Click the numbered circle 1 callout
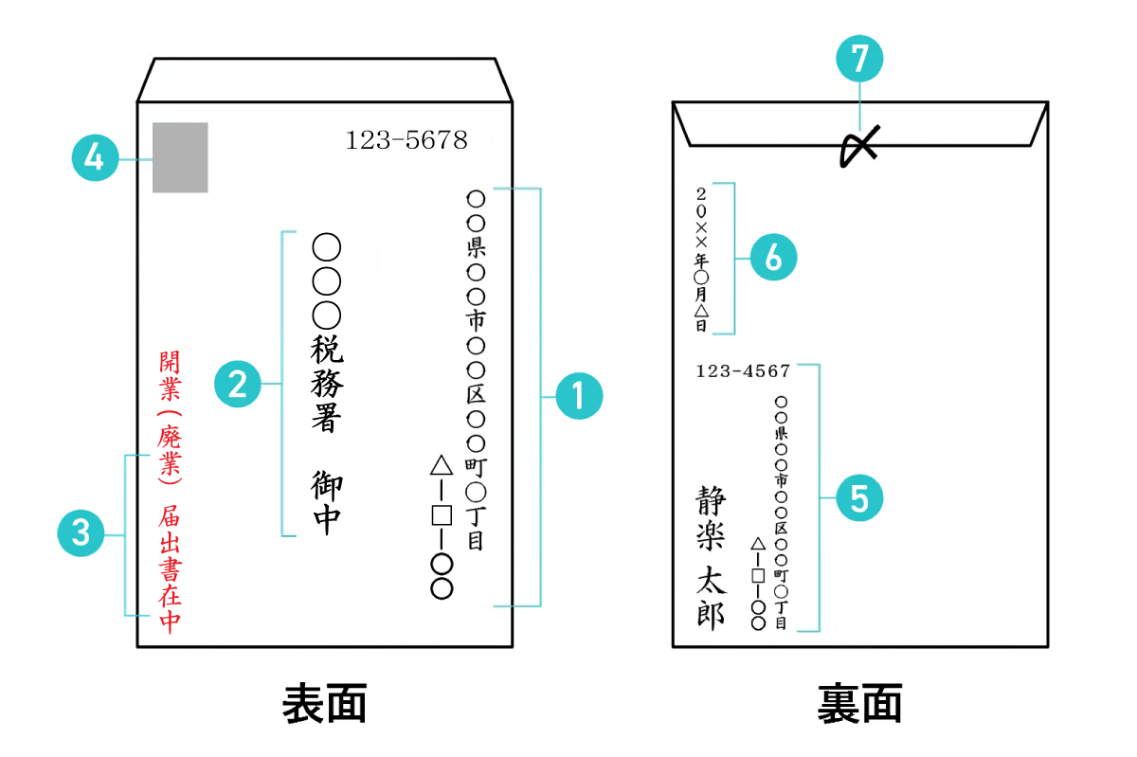point(578,397)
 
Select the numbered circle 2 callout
point(238,384)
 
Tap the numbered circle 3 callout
point(81,533)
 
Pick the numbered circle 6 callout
point(773,258)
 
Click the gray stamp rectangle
point(180,157)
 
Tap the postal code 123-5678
point(406,141)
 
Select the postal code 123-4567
point(743,371)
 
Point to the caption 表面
point(325,705)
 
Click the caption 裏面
point(859,705)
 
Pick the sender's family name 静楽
point(711,519)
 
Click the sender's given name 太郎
point(711,599)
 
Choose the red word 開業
point(171,375)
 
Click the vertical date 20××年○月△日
point(701,258)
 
